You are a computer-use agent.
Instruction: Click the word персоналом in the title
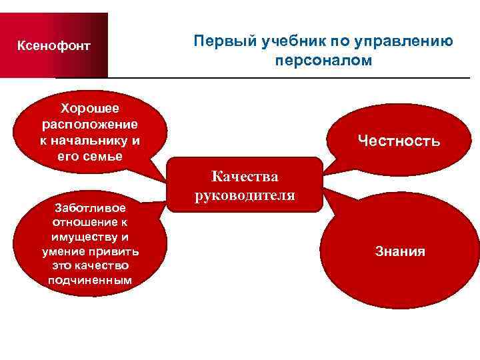[323, 61]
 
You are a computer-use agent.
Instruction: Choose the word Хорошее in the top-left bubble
[90, 108]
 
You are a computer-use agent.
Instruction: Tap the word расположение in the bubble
[90, 124]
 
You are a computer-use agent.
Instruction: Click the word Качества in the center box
[245, 177]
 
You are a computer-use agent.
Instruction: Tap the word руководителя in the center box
[245, 195]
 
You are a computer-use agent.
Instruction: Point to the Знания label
[400, 251]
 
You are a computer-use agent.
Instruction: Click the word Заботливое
[90, 209]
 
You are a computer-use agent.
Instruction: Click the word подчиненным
[90, 279]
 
